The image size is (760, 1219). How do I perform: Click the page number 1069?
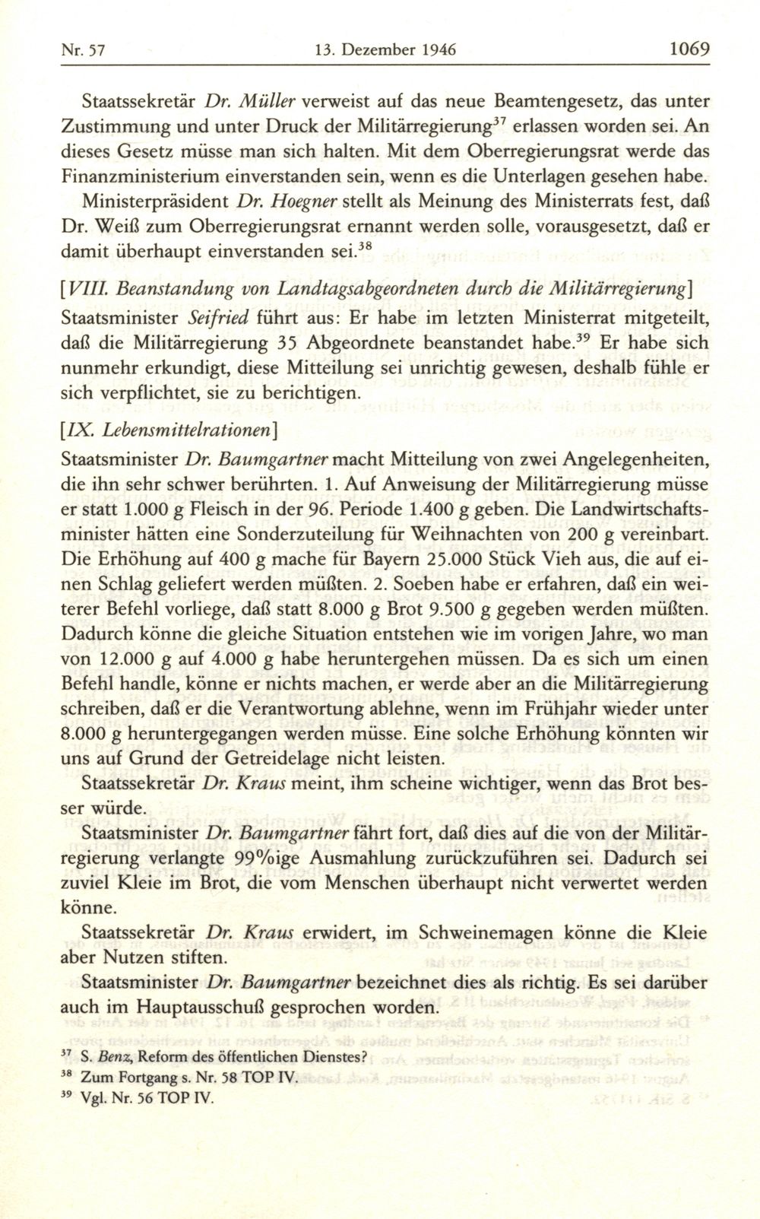point(689,50)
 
